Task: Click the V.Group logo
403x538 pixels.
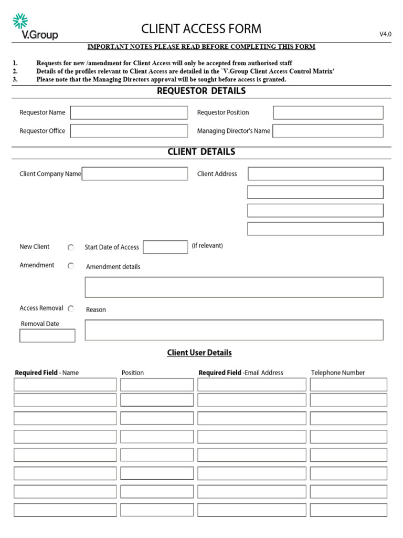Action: tap(35, 27)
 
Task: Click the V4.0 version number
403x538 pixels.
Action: tap(385, 34)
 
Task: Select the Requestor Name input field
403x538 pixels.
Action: tap(129, 112)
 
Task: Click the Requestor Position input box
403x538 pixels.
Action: tap(328, 112)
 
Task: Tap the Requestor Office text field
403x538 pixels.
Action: tap(129, 131)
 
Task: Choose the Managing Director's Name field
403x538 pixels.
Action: tap(328, 131)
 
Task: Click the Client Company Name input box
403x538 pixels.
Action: tap(135, 174)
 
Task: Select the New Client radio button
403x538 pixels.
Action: tap(71, 247)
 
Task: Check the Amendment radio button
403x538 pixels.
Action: tap(71, 266)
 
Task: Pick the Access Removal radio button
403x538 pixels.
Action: tap(71, 308)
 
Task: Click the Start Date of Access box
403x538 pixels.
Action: tap(165, 247)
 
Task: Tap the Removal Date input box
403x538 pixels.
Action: tap(47, 336)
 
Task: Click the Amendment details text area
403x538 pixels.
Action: tap(234, 287)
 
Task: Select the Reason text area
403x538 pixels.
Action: tap(234, 330)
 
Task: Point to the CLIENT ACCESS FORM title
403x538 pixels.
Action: tap(201, 29)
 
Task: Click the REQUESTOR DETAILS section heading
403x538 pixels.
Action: tap(201, 91)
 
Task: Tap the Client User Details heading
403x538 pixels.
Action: tap(199, 353)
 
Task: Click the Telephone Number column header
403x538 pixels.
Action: tap(337, 373)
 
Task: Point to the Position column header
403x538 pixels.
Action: tap(133, 373)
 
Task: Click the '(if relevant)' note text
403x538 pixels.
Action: tap(207, 246)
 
